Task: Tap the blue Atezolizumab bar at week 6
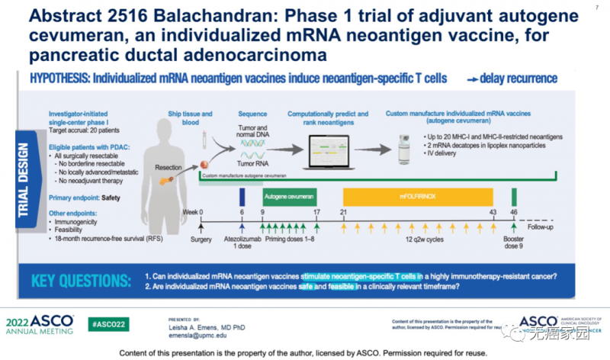[242, 196]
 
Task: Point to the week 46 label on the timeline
[514, 211]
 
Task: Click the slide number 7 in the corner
[595, 7]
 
